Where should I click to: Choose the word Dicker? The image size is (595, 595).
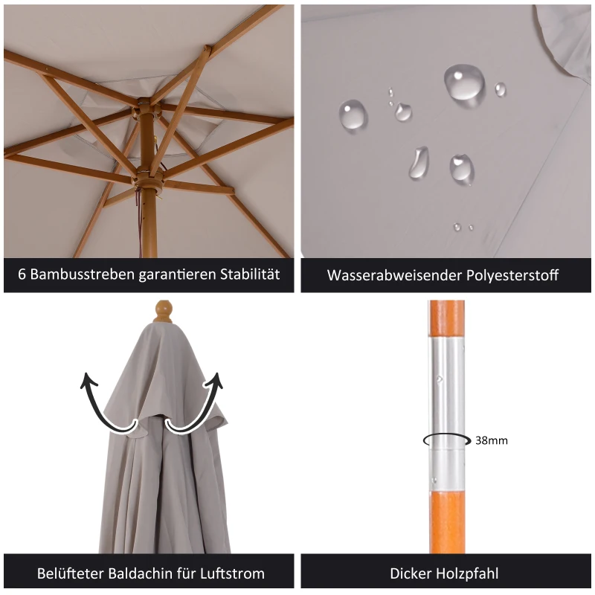coord(411,573)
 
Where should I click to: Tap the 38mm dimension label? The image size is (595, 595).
coord(491,440)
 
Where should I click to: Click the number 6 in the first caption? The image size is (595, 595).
coord(22,275)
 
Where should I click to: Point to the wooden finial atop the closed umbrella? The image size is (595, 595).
coord(162,310)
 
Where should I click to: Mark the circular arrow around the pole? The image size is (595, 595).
coord(446,440)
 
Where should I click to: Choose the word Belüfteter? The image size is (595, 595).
coord(71,573)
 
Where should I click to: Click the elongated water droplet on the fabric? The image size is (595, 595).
coord(419,162)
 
